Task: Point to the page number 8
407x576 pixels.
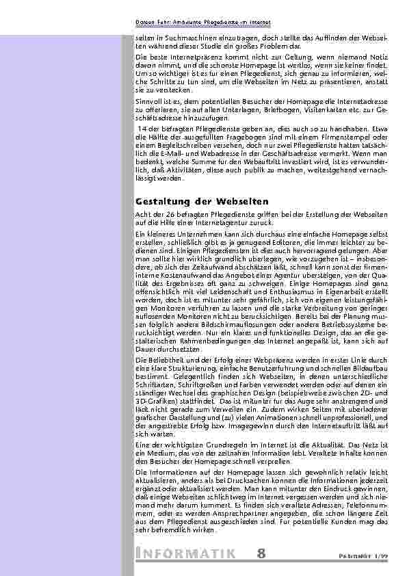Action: pos(263,552)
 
